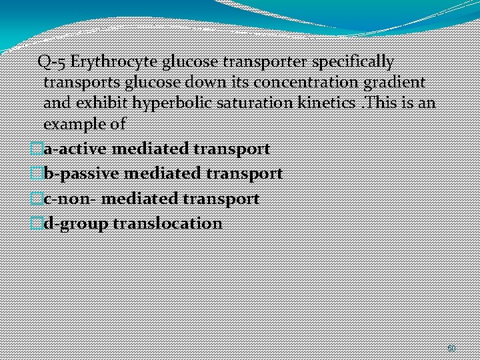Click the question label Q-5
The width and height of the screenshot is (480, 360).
tap(52, 62)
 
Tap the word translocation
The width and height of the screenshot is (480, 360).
tap(167, 223)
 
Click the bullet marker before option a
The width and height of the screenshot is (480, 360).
tap(37, 149)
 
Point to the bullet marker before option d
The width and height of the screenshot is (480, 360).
tap(37, 223)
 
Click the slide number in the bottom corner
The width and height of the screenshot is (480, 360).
tap(451, 348)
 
